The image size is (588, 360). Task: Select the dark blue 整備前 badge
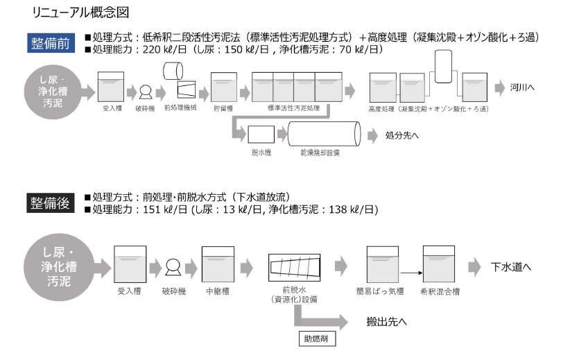[51, 43]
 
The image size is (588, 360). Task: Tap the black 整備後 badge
[51, 203]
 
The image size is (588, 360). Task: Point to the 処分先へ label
[402, 135]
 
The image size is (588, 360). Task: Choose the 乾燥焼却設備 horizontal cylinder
[324, 134]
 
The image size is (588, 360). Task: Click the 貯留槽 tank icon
[223, 88]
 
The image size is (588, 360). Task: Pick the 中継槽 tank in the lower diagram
[217, 264]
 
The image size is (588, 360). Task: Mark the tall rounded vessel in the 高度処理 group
[443, 71]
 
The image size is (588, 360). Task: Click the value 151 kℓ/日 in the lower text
[161, 209]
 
